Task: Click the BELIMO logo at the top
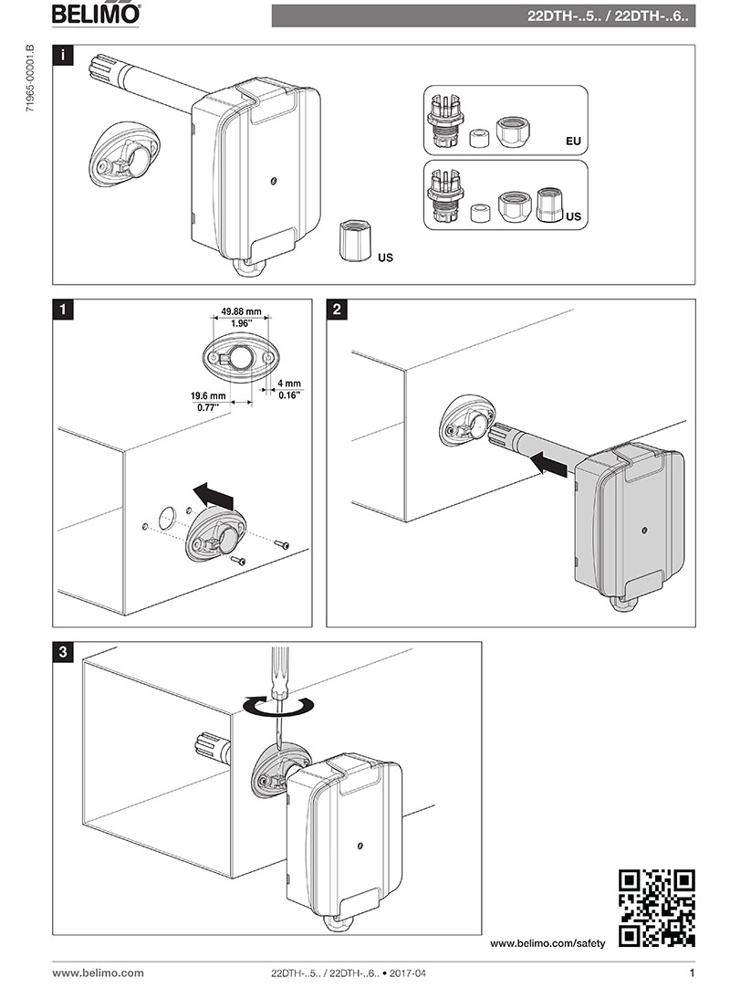pos(96,14)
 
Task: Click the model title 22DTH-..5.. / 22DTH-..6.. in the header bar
pos(610,16)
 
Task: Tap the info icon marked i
pos(62,55)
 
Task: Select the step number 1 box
pos(62,310)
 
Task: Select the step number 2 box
pos(337,310)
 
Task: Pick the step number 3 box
pos(62,652)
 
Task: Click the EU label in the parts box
pos(573,142)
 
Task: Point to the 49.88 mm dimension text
pos(241,311)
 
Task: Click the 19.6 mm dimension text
pos(207,395)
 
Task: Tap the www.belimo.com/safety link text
pos(547,942)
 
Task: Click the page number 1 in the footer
pos(691,973)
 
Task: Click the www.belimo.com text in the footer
pos(98,973)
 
